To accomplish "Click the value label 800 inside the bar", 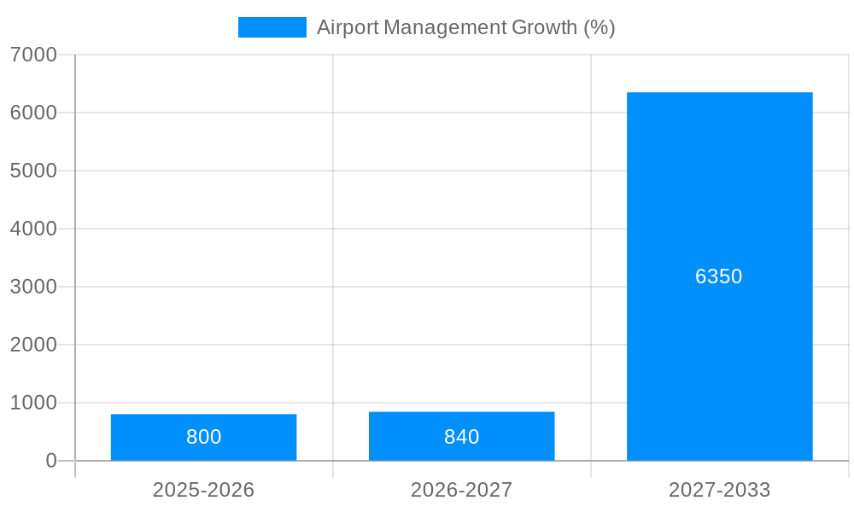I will (203, 437).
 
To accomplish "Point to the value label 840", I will (461, 437).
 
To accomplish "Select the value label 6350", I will (719, 276).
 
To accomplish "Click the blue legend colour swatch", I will (272, 27).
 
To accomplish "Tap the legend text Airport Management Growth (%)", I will (465, 27).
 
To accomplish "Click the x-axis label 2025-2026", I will (203, 490).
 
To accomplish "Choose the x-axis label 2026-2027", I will (461, 490).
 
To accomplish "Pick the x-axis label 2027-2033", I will (719, 490).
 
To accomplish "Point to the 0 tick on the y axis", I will (50, 461).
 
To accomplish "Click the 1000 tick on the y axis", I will (33, 403).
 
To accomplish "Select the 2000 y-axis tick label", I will (33, 345).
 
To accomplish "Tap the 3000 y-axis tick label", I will (33, 287).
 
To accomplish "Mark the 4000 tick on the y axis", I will (33, 229).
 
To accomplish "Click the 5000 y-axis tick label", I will (33, 171).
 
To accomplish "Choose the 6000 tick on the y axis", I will (33, 113).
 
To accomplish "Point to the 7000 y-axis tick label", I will (33, 55).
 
